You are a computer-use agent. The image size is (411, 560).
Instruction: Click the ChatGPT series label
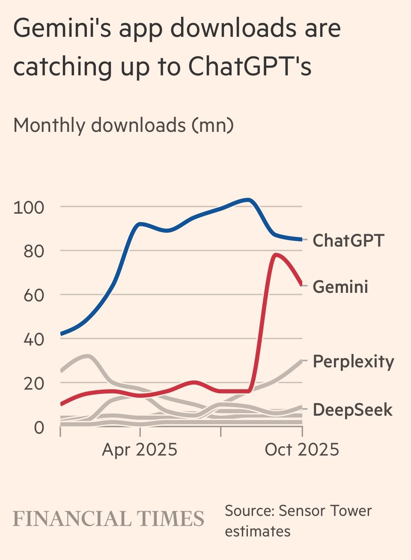click(348, 240)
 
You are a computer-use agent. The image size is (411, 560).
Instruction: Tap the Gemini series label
click(340, 286)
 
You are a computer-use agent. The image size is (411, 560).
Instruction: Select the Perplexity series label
click(353, 361)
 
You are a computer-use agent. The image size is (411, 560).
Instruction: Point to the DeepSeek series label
click(352, 410)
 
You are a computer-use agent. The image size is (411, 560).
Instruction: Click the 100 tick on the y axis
click(29, 208)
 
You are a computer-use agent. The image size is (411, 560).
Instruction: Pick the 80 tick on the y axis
click(33, 251)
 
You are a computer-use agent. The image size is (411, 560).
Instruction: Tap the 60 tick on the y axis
click(33, 295)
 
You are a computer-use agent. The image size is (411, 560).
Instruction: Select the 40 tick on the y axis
click(33, 340)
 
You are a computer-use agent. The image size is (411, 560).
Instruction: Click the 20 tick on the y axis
click(33, 384)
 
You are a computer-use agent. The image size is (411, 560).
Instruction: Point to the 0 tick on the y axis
click(39, 427)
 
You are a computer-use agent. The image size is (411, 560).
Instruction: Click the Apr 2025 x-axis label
click(140, 450)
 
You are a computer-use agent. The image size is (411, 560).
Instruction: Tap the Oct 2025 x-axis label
click(302, 450)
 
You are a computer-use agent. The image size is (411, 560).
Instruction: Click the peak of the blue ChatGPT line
click(248, 200)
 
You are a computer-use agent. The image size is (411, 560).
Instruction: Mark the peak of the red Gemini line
click(276, 255)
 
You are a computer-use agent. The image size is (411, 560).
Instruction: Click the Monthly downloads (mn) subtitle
click(123, 125)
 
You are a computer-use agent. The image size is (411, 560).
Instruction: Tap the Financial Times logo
click(109, 519)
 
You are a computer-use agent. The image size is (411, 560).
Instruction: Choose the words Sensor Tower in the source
click(325, 511)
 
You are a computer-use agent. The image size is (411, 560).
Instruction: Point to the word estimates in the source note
click(258, 531)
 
